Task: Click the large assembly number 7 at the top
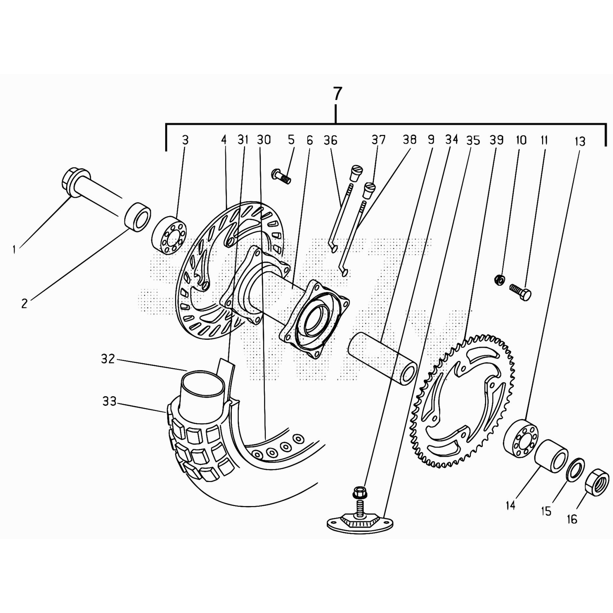(x=337, y=94)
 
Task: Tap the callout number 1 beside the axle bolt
(x=14, y=250)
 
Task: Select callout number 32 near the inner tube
(x=108, y=359)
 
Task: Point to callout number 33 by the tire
(x=109, y=402)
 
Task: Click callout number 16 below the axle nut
(x=572, y=520)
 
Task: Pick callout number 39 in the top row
(x=497, y=140)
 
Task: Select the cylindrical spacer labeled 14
(x=551, y=456)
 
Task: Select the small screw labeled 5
(x=282, y=176)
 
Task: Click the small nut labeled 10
(x=500, y=280)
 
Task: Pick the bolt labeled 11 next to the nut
(x=520, y=292)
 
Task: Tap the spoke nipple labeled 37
(x=369, y=190)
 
